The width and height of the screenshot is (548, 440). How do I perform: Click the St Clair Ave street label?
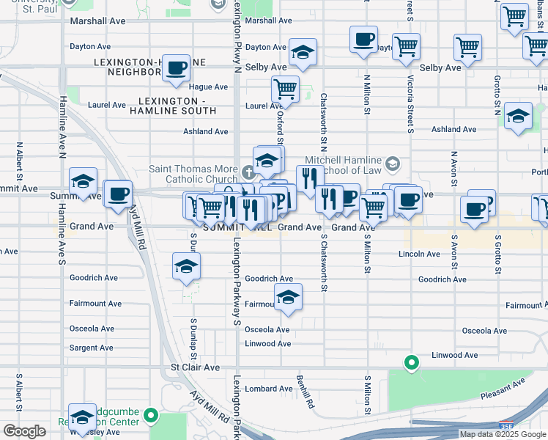coord(195,367)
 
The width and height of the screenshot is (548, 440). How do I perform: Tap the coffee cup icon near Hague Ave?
coord(176,69)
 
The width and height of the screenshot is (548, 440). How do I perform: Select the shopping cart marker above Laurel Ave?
coord(284,89)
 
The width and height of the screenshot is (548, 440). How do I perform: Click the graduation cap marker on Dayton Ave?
coord(302,53)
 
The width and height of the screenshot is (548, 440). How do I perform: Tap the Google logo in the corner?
coord(24,431)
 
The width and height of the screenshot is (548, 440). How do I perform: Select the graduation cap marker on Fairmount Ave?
coord(288,298)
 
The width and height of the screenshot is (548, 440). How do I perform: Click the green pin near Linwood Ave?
coord(412,362)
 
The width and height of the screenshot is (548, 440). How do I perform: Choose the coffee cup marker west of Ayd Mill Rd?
coord(117,194)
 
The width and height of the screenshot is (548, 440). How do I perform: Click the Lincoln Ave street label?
coord(419,254)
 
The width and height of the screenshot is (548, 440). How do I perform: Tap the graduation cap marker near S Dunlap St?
coord(187,266)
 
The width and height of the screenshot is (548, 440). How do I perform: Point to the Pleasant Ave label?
coord(503,389)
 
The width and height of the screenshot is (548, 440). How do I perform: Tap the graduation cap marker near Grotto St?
coord(518,117)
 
